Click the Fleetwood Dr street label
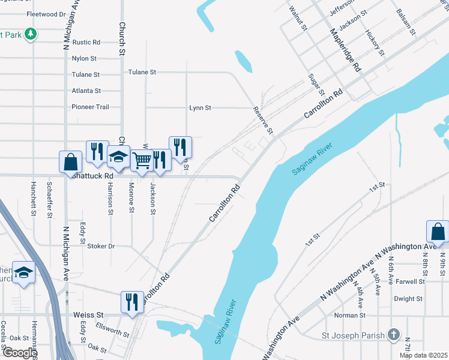(x=46, y=14)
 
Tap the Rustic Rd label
(x=86, y=43)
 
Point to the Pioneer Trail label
(x=90, y=107)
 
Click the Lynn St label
(x=200, y=108)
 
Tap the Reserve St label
(x=264, y=120)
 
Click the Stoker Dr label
(x=101, y=246)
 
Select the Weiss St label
(x=88, y=314)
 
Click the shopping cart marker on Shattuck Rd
(x=142, y=161)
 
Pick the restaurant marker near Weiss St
(x=132, y=302)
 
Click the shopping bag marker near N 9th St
(x=438, y=232)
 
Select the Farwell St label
(x=410, y=281)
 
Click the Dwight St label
(x=409, y=298)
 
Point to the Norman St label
(x=350, y=316)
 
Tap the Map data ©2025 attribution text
(x=423, y=356)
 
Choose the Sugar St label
(x=316, y=85)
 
